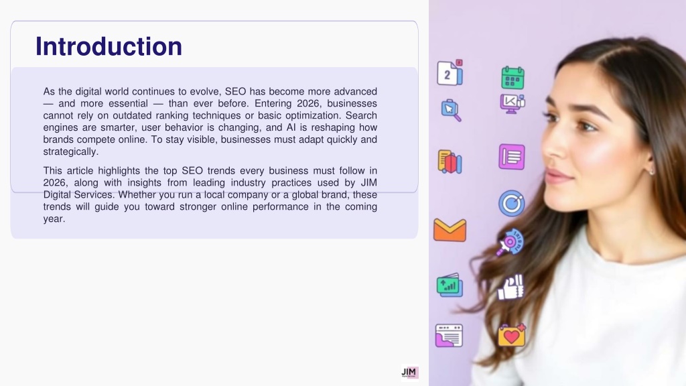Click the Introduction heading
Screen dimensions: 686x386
coord(109,46)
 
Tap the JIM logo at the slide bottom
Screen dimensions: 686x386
coord(410,373)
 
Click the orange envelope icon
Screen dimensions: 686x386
coord(450,230)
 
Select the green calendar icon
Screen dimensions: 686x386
coord(512,78)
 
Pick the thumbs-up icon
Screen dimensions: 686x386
coord(510,287)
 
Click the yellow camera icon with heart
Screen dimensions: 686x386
coord(511,335)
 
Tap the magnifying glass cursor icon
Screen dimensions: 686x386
coord(451,111)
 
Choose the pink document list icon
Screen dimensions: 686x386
coord(511,157)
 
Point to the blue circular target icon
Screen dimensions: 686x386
coord(511,203)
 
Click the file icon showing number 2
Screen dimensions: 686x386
coord(450,72)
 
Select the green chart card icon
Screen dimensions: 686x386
coord(450,285)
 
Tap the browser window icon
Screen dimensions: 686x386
coord(449,336)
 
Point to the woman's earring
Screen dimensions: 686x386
coord(652,172)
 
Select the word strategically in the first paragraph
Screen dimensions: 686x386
coord(71,152)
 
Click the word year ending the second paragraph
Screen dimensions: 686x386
coord(54,219)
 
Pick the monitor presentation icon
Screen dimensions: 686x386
coord(512,104)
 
